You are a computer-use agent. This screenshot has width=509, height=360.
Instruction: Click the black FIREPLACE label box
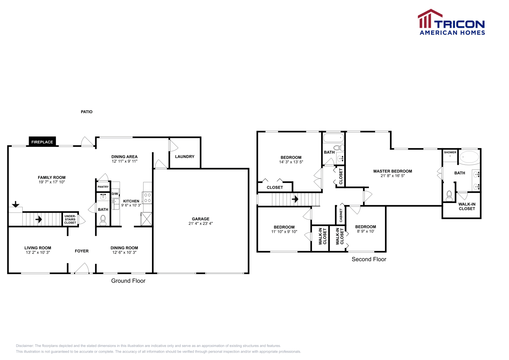point(42,142)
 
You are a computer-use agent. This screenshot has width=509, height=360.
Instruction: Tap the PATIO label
point(87,112)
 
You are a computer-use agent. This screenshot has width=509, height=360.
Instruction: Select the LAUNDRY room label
point(185,156)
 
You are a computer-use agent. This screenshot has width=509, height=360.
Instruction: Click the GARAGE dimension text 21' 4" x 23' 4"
point(200,224)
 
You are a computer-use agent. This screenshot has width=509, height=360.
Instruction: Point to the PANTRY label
point(103,187)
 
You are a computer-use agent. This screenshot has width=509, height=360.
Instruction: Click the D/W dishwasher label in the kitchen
point(115,194)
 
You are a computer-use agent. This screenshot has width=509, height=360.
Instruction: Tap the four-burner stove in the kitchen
point(147,198)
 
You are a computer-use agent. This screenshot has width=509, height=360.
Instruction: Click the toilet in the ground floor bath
point(103,220)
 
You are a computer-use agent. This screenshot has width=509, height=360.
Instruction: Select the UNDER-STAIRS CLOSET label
point(70,219)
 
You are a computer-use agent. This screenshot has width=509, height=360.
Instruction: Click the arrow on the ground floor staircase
point(39,219)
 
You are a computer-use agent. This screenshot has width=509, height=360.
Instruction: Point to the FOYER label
point(82,251)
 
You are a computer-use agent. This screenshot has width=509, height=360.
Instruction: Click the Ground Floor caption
point(128,281)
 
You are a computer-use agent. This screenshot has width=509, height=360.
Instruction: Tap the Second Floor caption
point(369,259)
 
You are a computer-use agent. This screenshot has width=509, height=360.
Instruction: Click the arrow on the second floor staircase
point(295,199)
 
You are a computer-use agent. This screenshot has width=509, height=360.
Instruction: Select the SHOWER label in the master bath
point(450,152)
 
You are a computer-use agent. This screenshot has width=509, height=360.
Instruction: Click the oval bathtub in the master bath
point(469,157)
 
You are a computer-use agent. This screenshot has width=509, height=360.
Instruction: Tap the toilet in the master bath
point(449,195)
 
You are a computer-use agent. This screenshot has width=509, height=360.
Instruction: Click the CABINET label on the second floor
point(341,215)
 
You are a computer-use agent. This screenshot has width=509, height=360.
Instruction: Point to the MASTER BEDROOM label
point(393,171)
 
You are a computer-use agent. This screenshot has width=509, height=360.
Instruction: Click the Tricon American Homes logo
point(452,22)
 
